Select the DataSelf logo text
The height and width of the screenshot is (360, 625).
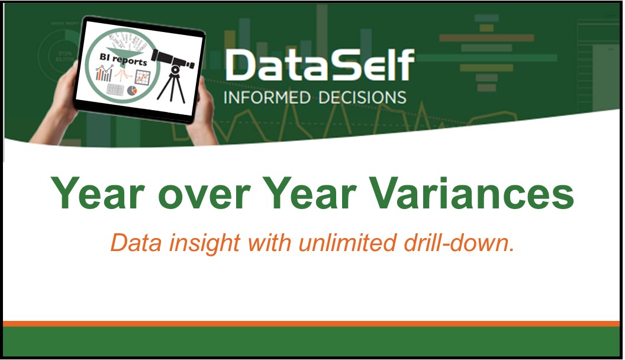[x=319, y=65]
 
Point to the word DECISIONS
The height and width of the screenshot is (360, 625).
[x=362, y=97]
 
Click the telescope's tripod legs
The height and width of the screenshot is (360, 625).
[x=175, y=89]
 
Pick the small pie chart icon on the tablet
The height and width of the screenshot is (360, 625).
[x=133, y=91]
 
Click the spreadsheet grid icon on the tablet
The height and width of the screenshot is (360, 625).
[x=115, y=91]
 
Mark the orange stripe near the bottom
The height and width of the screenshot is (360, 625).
[x=312, y=323]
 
